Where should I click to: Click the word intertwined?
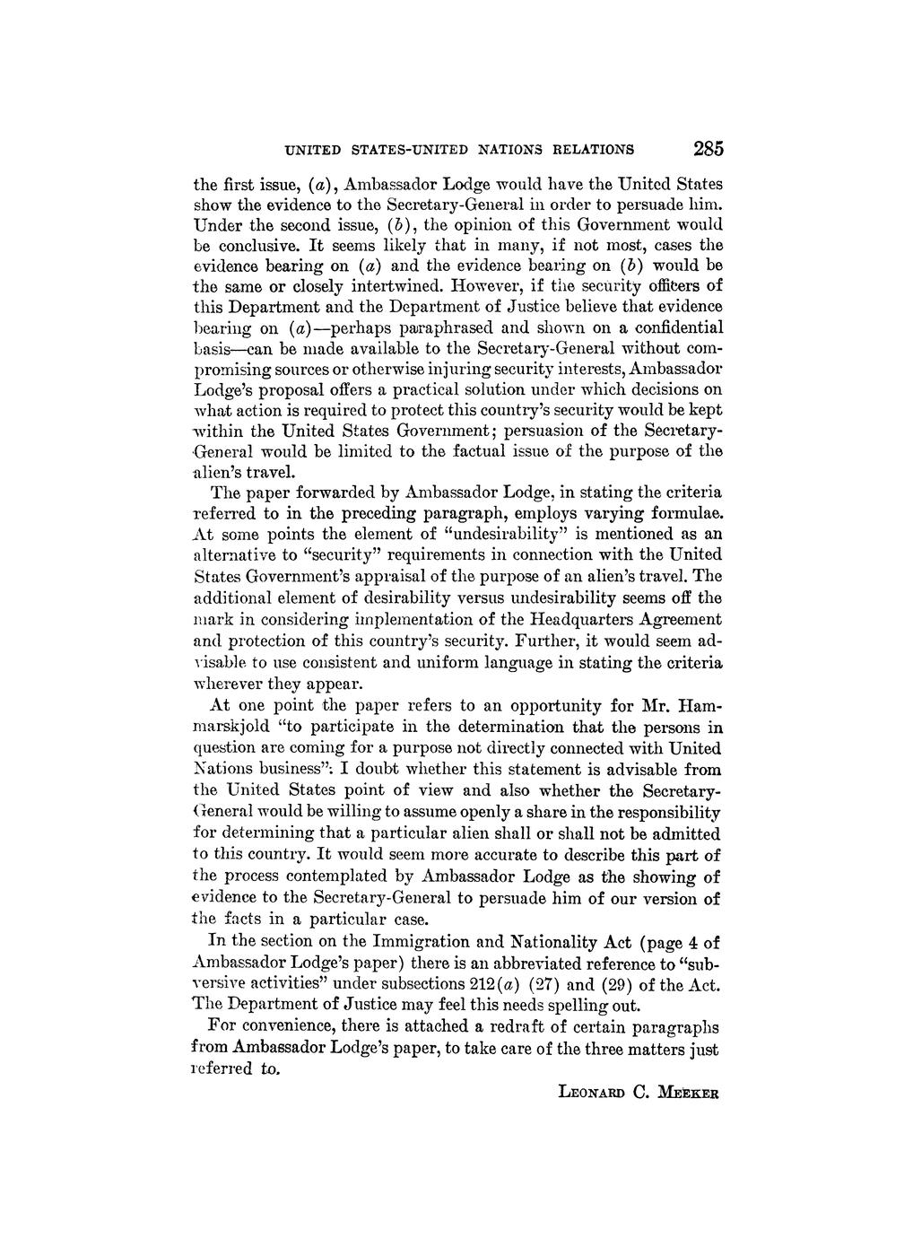coord(393,285)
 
